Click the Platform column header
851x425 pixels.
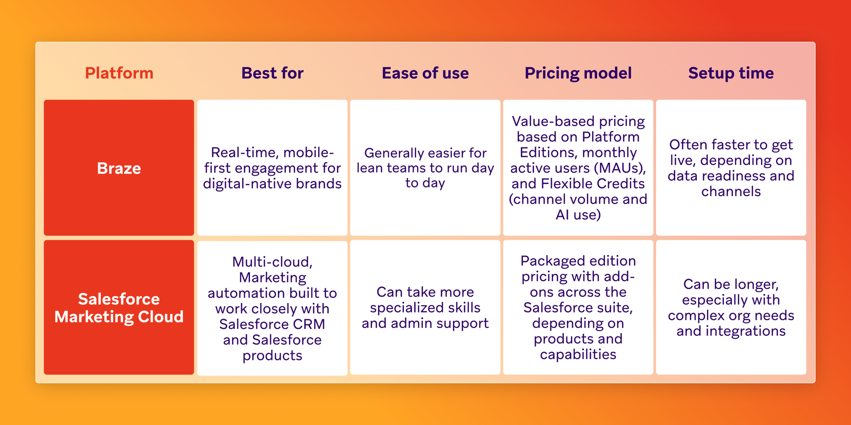point(119,73)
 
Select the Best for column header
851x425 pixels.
point(272,73)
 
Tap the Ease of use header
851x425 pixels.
point(425,73)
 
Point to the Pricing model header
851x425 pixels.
point(578,73)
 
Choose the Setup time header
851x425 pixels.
point(731,73)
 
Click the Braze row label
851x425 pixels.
point(119,168)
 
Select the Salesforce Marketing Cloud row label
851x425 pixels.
point(119,308)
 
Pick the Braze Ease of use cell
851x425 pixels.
point(425,168)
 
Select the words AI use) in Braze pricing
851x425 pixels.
point(578,215)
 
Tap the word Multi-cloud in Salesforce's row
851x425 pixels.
point(272,262)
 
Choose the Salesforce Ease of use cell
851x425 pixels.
point(425,308)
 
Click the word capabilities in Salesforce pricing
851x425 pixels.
point(578,355)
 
